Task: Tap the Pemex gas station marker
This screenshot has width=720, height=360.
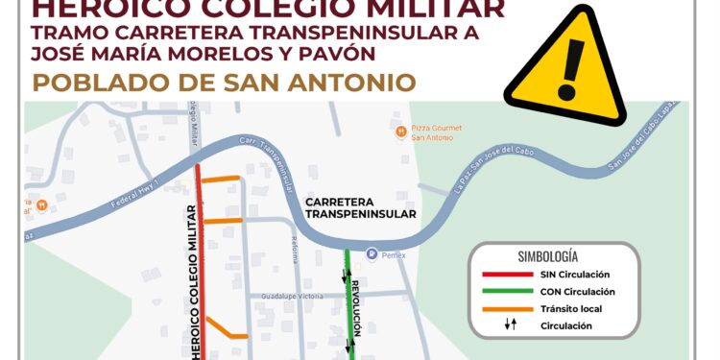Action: pyautogui.click(x=372, y=254)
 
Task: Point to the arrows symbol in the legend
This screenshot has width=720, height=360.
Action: pyautogui.click(x=511, y=325)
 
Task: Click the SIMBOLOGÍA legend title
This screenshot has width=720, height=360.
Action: pyautogui.click(x=547, y=256)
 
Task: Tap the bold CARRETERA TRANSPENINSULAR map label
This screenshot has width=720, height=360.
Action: pyautogui.click(x=360, y=208)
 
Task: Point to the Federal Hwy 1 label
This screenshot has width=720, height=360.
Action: pyautogui.click(x=111, y=202)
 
